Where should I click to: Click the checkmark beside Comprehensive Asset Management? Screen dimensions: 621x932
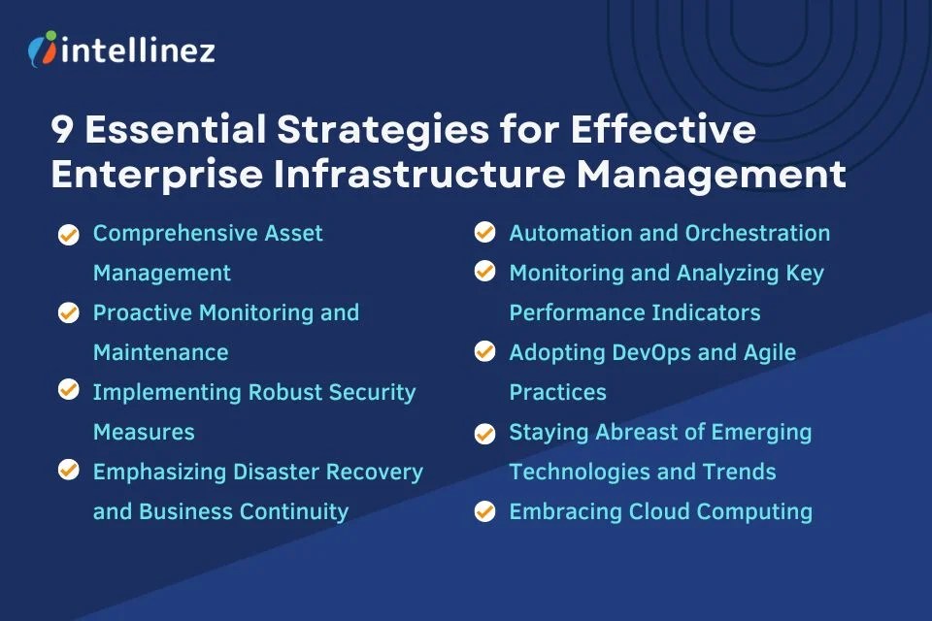[x=68, y=234]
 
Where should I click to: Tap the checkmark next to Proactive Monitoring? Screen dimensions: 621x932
[x=68, y=313]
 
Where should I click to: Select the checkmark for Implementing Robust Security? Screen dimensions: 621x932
[x=68, y=392]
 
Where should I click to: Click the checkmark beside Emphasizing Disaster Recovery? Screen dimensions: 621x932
[x=68, y=472]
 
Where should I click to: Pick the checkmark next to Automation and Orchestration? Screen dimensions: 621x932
[x=484, y=234]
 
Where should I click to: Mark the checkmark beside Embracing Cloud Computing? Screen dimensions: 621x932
[x=484, y=511]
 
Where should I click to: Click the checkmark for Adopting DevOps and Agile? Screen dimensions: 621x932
[x=484, y=352]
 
